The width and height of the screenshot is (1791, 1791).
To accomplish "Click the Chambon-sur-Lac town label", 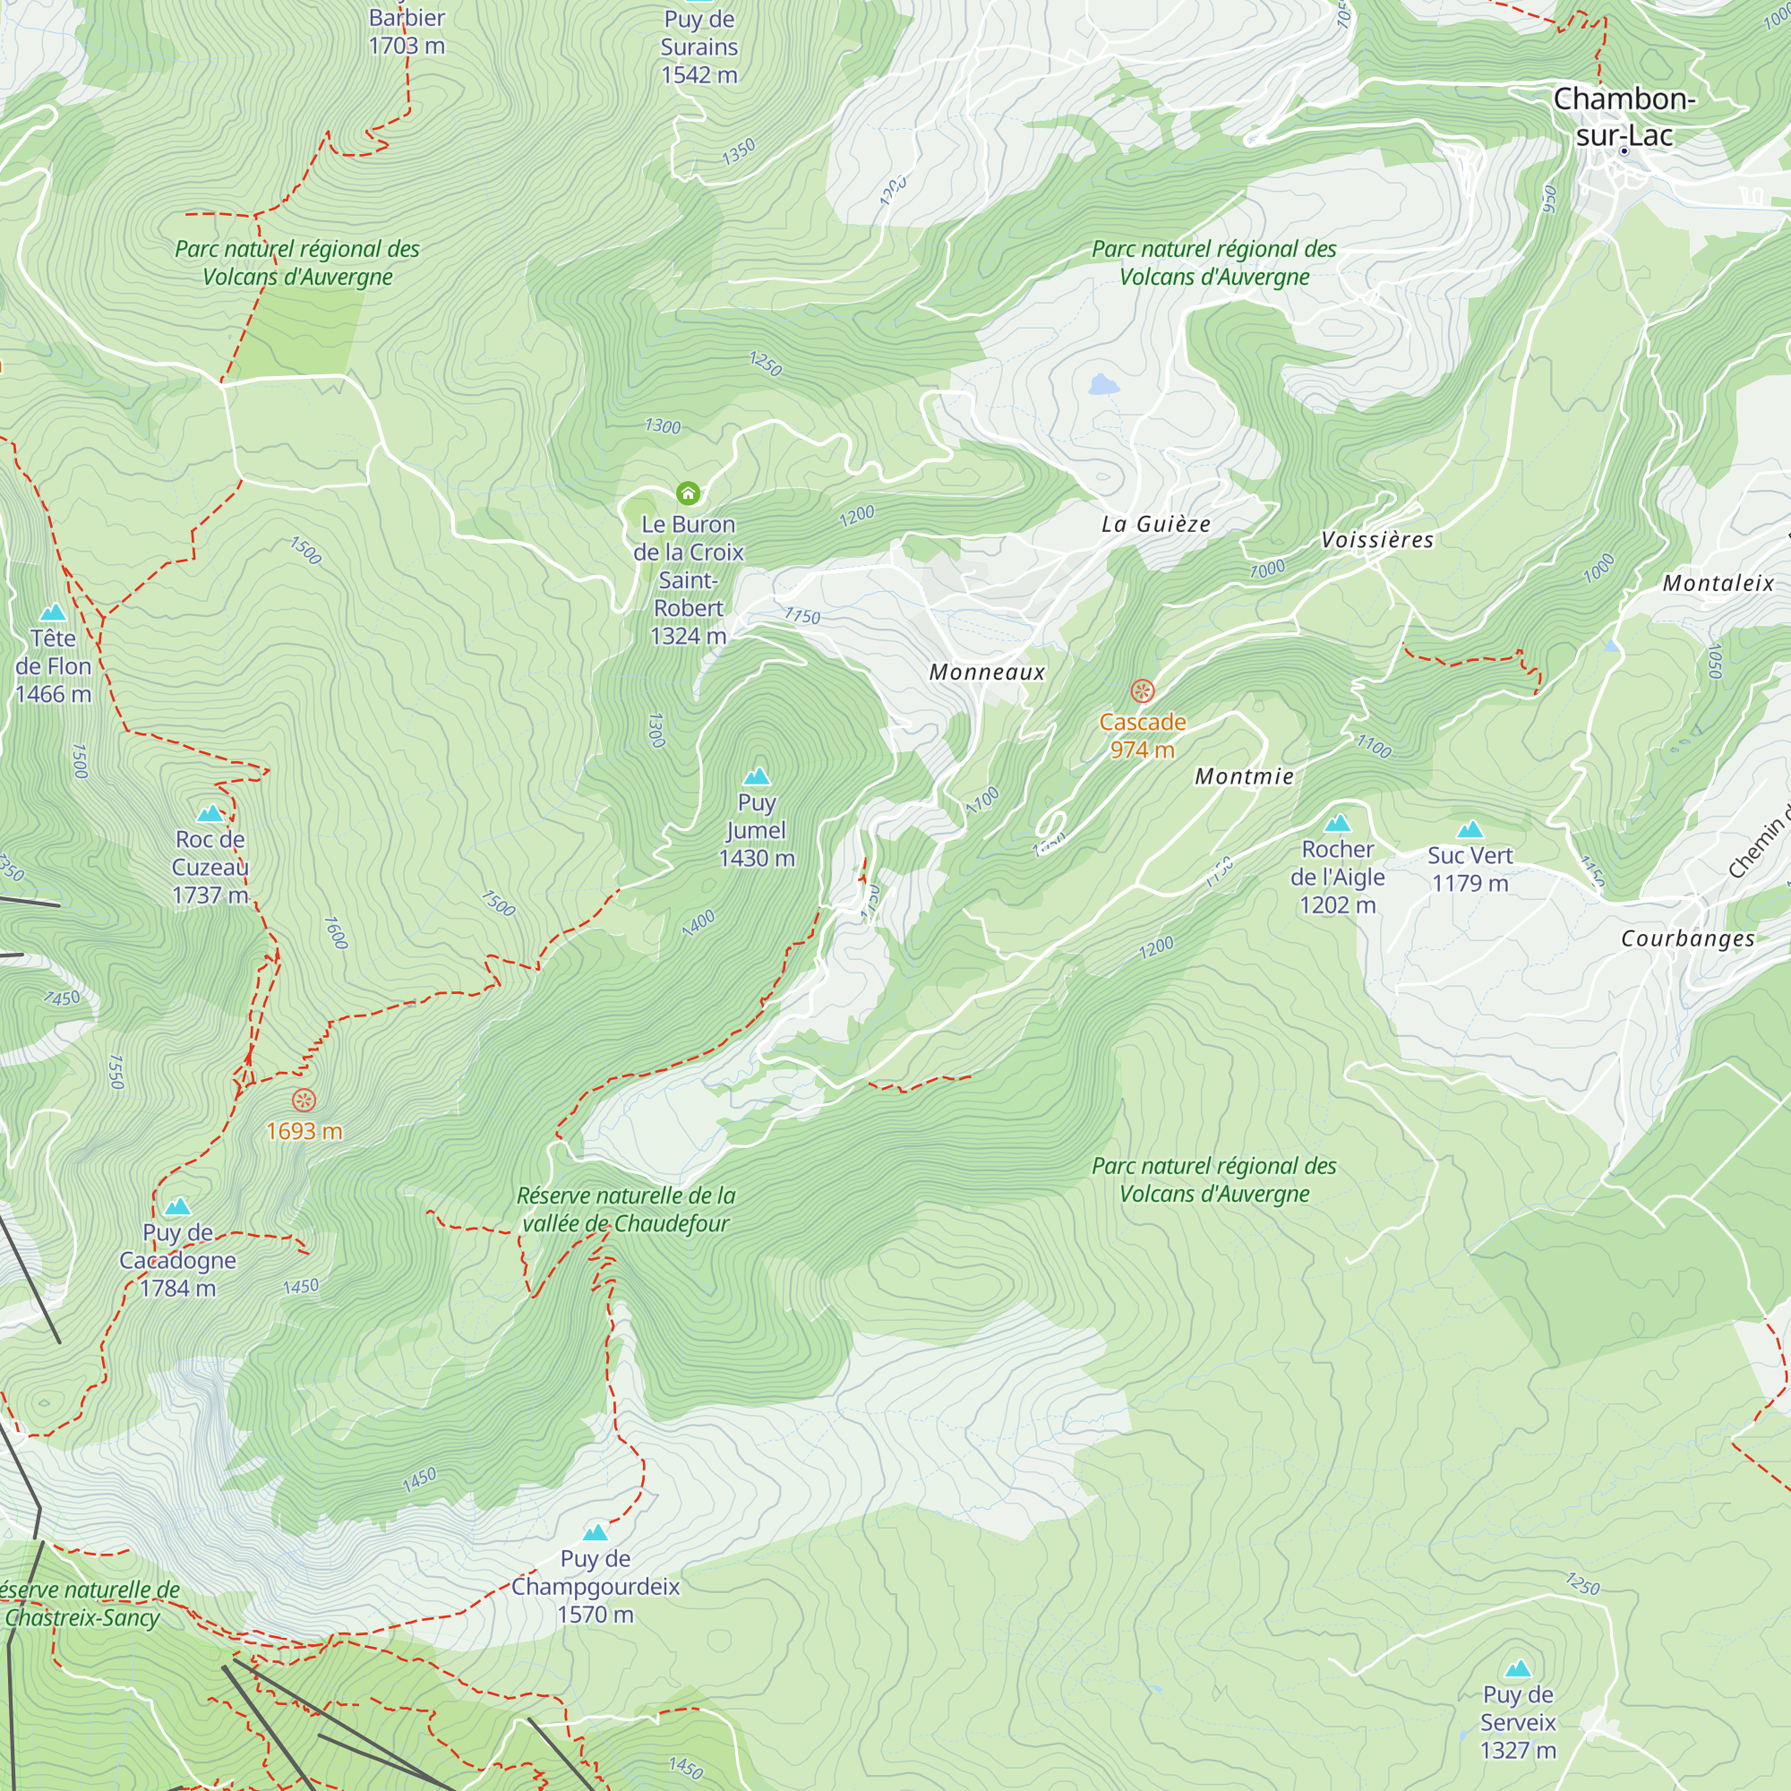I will [x=1624, y=116].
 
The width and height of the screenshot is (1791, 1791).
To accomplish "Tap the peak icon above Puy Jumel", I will [x=758, y=776].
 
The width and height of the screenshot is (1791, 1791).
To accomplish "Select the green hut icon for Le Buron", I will [x=688, y=493].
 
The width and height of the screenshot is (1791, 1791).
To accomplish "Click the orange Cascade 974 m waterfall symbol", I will [x=1142, y=690].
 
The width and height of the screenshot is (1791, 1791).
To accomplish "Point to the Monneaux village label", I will [x=987, y=673].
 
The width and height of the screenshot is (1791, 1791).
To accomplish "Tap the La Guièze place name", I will [x=1156, y=524].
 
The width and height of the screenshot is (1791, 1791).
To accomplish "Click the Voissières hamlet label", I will [x=1377, y=539].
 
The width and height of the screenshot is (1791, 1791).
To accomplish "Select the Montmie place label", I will [x=1244, y=776].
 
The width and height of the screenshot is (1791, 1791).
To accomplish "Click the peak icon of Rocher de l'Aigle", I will [x=1337, y=823].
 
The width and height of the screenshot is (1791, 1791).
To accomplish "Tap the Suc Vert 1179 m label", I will [x=1470, y=870].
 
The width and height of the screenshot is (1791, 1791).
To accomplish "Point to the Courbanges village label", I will [x=1688, y=938].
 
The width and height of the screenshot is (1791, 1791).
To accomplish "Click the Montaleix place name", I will [x=1718, y=583].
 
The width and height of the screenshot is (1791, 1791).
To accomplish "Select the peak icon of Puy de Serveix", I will [x=1518, y=1669].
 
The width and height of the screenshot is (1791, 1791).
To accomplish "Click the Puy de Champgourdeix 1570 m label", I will [x=596, y=1586].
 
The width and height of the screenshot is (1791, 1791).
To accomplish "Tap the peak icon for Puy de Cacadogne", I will [x=177, y=1206].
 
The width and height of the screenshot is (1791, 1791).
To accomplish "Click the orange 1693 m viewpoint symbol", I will [x=304, y=1101].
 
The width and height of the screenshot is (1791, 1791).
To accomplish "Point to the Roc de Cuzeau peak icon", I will [x=210, y=813].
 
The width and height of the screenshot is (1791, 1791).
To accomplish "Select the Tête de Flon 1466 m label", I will [x=53, y=665].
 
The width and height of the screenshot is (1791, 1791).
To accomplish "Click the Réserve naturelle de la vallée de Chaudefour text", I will [x=626, y=1210].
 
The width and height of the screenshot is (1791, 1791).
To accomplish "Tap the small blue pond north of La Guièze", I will [x=1103, y=385].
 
